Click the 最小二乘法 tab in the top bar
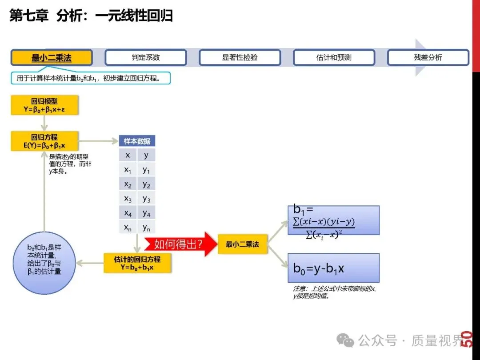52,58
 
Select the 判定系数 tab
146,58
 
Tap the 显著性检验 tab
240,58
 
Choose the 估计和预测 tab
334,58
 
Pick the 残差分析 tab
428,58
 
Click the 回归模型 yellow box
44,105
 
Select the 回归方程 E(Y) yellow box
44,141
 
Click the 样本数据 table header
137,141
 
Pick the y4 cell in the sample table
146,214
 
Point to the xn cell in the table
128,228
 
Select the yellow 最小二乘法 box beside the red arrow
242,244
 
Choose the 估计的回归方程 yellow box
137,263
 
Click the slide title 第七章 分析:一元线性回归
91,16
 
